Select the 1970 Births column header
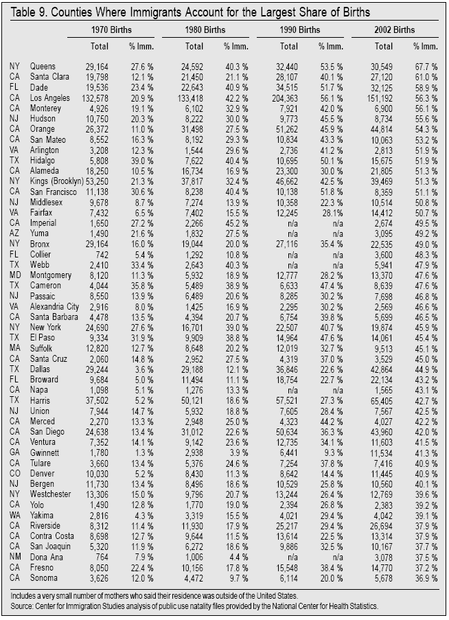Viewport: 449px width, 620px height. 111,30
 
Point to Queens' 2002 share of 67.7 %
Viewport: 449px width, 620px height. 425,65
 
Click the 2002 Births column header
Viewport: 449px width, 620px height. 394,30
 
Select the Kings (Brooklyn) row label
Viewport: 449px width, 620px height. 56,181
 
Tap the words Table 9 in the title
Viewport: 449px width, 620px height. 27,12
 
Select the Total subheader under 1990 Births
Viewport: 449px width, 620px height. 290,46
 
